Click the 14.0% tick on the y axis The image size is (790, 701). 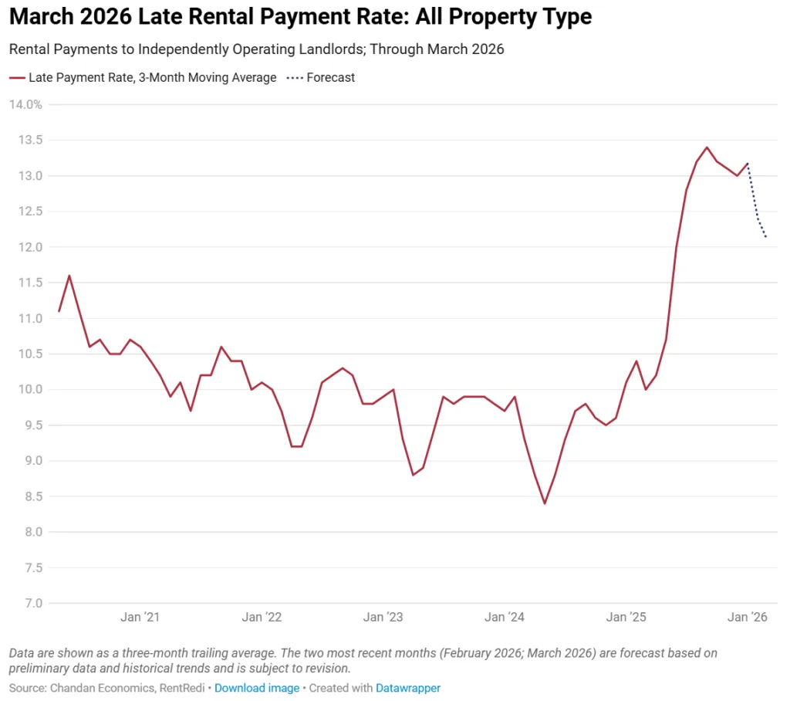(26, 104)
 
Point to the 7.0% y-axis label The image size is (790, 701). (26, 603)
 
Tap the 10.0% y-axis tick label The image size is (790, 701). (26, 389)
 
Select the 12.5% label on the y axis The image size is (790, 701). (26, 212)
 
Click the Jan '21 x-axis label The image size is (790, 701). (140, 617)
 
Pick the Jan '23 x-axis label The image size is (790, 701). (383, 617)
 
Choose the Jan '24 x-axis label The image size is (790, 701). (505, 617)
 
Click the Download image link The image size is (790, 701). (256, 688)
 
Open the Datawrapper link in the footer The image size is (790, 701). (407, 688)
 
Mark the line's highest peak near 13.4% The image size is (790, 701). (707, 147)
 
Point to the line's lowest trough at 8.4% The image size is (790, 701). (545, 503)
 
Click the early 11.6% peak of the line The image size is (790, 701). (69, 276)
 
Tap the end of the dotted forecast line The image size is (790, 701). (766, 237)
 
